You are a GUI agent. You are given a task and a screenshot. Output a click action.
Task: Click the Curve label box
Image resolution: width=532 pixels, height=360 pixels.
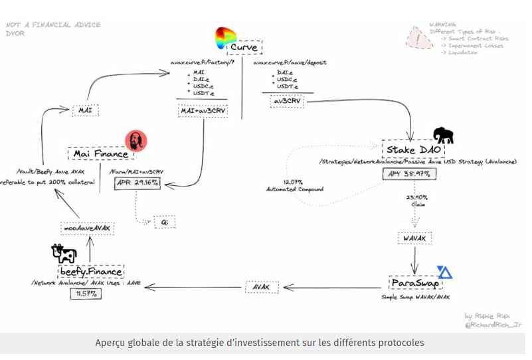(x=244, y=48)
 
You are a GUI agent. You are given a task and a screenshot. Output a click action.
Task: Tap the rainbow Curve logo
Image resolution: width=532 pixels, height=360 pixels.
(x=225, y=38)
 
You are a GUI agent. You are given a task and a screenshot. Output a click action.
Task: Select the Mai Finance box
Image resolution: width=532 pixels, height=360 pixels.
(x=100, y=154)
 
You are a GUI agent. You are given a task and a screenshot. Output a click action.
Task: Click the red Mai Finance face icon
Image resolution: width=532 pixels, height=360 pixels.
(x=135, y=141)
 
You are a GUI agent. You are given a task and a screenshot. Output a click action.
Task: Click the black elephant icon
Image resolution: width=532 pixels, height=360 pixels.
(x=443, y=135)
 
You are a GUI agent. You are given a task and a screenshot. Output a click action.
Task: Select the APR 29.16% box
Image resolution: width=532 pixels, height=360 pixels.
(x=137, y=182)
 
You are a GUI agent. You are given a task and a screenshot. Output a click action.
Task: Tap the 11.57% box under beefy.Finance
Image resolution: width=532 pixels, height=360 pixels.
(x=86, y=294)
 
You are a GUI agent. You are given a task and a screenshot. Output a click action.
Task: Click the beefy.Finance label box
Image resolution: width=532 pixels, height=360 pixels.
(x=96, y=272)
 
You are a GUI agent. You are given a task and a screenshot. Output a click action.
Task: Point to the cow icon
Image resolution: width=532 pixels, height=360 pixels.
(x=64, y=254)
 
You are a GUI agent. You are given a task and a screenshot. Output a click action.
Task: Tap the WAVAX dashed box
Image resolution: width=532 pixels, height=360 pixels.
(x=414, y=237)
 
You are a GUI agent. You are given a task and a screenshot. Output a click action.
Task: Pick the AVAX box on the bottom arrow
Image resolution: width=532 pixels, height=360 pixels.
(x=260, y=287)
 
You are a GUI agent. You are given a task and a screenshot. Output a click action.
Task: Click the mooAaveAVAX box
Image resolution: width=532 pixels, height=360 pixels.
(x=87, y=228)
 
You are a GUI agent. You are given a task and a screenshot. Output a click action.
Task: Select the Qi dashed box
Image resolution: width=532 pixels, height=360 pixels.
(x=163, y=222)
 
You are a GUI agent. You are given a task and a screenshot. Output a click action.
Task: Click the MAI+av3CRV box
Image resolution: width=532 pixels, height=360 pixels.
(x=203, y=110)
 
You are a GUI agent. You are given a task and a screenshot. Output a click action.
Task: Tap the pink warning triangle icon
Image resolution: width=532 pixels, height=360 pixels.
(x=418, y=38)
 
